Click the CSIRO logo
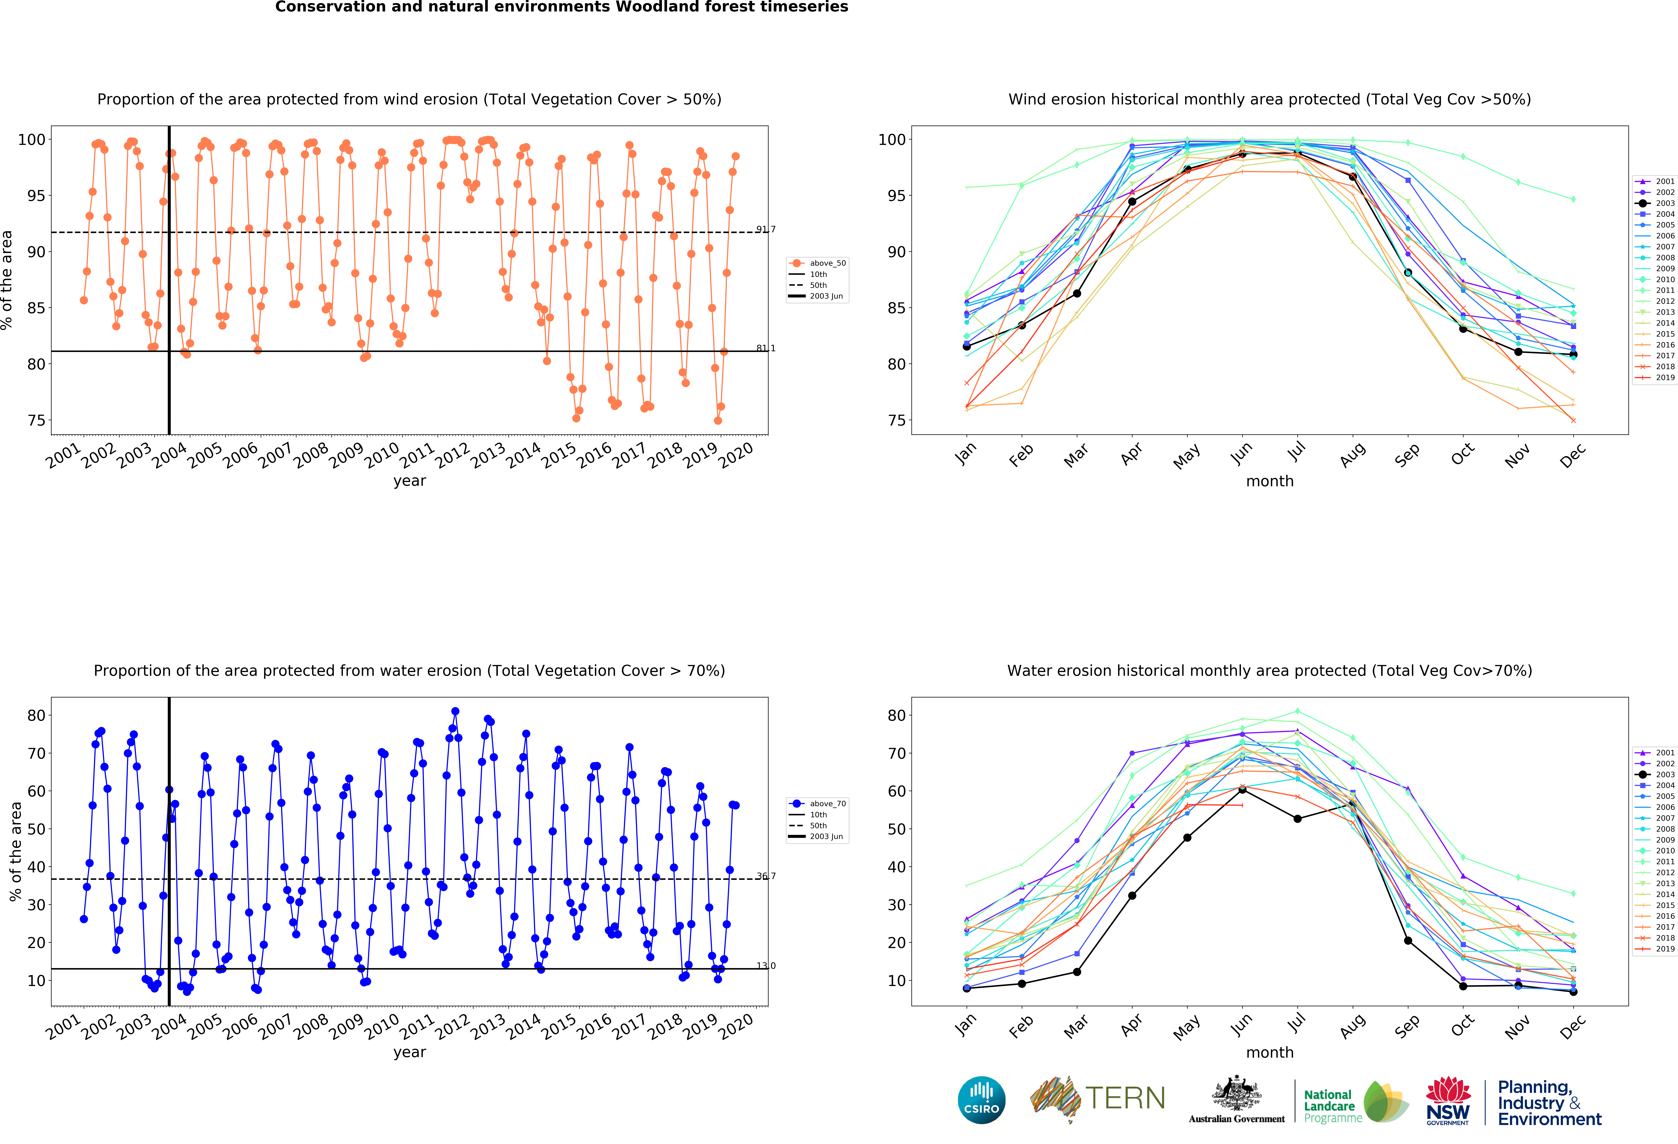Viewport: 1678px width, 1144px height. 981,1100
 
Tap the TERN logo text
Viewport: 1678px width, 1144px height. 1125,1099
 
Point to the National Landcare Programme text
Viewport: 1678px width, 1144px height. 1333,1106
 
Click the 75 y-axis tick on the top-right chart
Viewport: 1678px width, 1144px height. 896,420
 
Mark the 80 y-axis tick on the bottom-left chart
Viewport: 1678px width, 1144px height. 36,715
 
